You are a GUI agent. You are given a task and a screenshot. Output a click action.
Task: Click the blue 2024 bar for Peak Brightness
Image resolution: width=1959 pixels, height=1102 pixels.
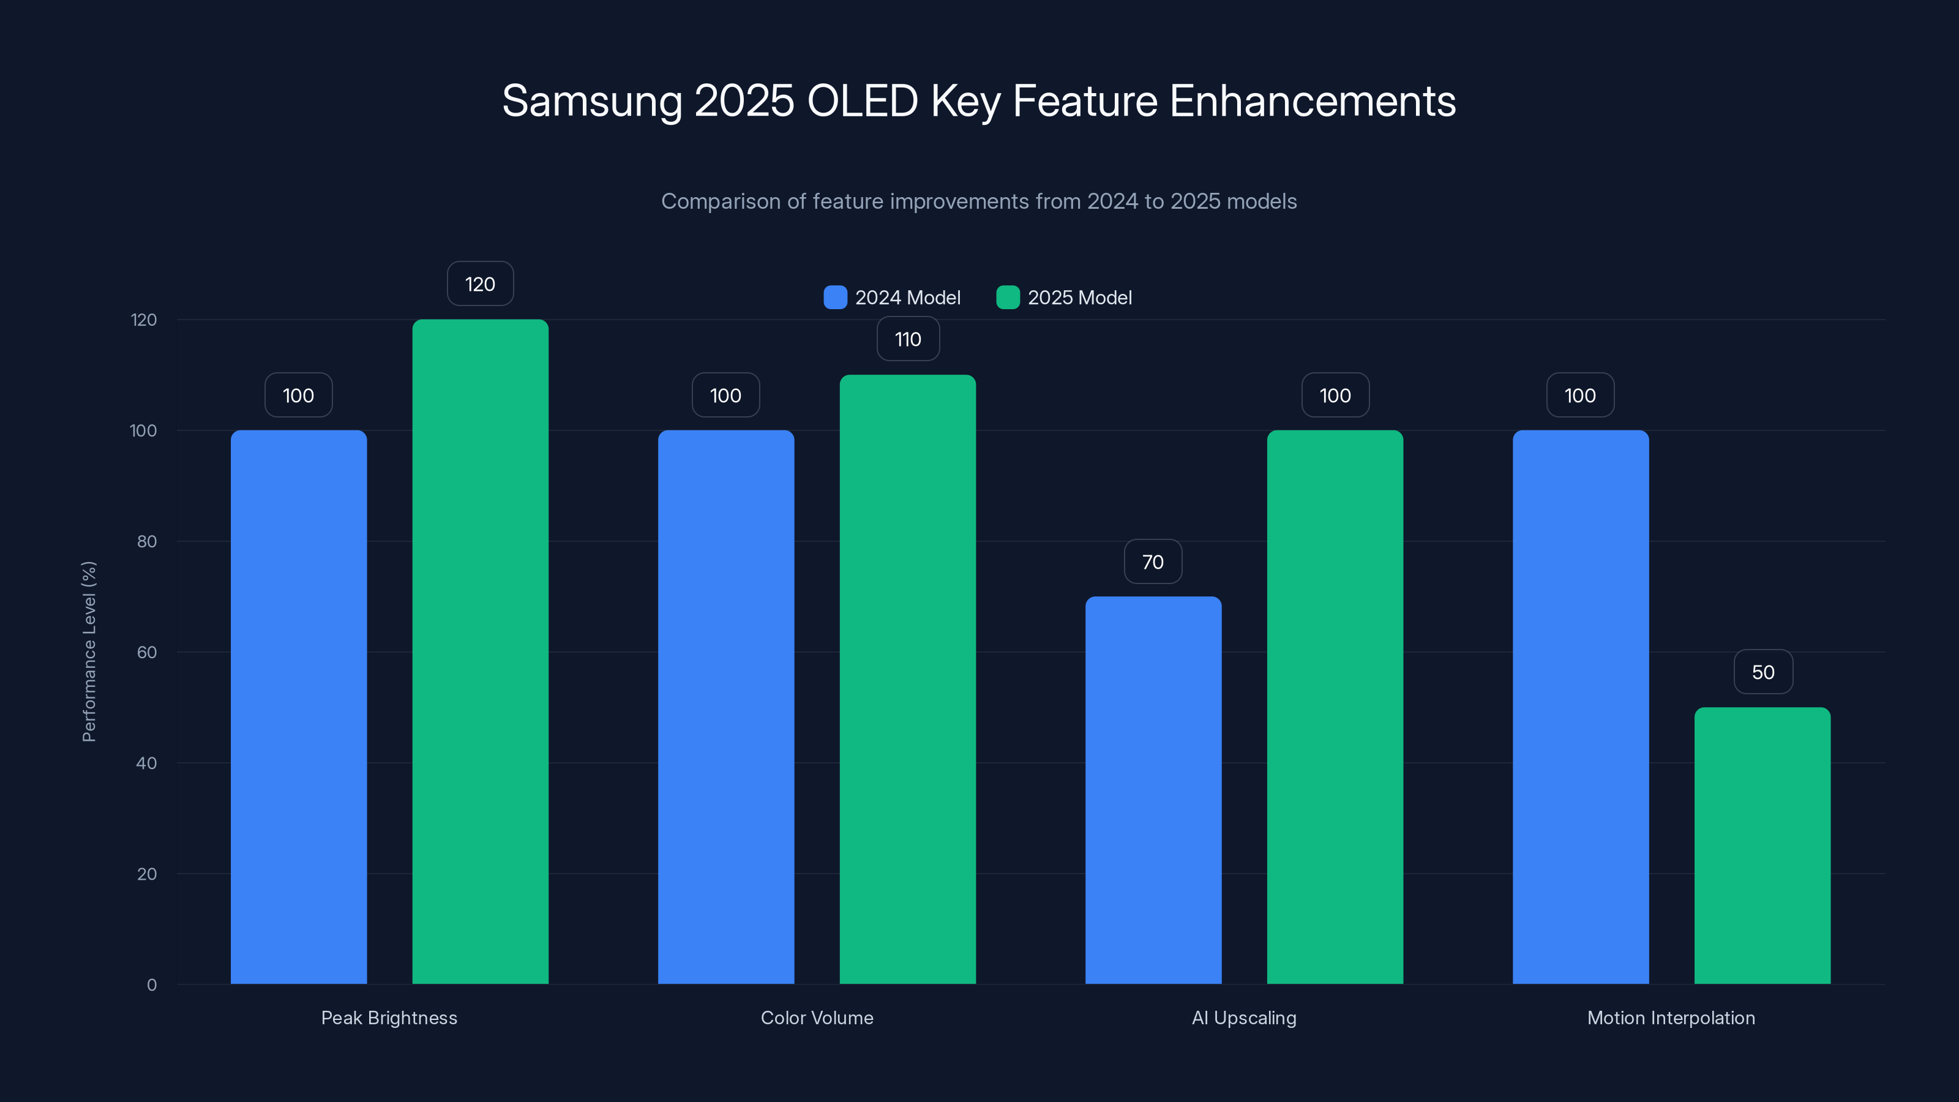click(298, 707)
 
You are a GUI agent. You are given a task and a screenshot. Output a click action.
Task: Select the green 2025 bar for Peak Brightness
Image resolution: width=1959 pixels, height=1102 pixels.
click(480, 652)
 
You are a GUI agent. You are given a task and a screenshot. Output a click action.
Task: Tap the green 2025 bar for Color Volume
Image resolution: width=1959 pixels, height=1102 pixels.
click(907, 679)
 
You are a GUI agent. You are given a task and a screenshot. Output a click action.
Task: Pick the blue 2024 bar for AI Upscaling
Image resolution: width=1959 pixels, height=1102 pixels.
click(1153, 790)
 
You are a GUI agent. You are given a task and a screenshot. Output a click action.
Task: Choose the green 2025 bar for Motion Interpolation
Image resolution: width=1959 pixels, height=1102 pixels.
click(1762, 845)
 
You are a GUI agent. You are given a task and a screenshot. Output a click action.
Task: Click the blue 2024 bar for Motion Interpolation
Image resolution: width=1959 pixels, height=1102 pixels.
click(1580, 707)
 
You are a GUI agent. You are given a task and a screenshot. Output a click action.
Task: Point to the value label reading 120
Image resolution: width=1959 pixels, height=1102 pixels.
click(480, 283)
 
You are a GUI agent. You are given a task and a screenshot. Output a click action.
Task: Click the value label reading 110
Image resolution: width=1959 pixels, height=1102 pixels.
click(907, 339)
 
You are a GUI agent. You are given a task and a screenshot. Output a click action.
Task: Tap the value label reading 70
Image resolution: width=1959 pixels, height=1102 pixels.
click(1153, 562)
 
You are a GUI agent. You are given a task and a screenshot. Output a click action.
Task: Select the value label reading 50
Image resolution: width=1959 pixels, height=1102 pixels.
click(1763, 672)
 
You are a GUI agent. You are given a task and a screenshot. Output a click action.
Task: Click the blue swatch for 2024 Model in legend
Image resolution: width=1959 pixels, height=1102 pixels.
click(835, 298)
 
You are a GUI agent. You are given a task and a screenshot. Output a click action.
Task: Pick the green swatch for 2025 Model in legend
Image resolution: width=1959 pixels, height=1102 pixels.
click(1008, 298)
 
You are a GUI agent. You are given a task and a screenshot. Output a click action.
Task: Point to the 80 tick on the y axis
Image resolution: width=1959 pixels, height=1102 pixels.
click(147, 541)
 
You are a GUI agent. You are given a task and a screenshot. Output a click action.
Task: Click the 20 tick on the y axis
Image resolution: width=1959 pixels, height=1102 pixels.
click(147, 874)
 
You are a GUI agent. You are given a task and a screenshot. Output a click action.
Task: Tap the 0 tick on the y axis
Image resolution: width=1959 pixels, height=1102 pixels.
click(152, 985)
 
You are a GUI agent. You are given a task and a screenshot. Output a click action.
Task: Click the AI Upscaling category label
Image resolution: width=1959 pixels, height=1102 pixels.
click(1243, 1018)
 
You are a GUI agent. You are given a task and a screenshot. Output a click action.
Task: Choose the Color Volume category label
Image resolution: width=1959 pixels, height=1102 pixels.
click(817, 1018)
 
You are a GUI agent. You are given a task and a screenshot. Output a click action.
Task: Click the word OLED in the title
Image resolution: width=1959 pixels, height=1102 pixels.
click(861, 101)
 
